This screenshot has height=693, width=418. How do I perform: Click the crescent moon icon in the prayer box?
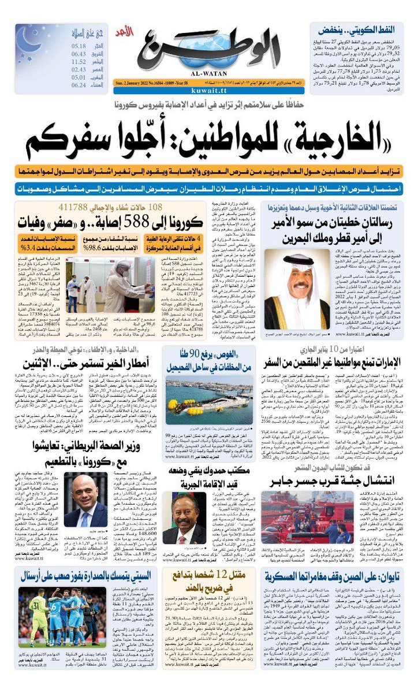pos(28,40)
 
